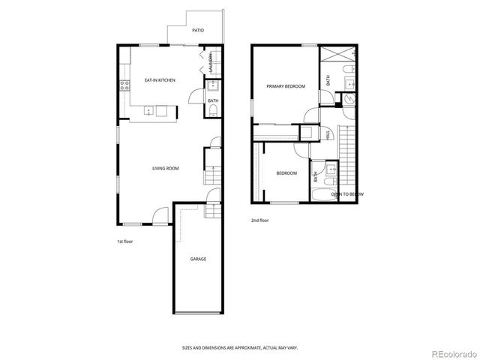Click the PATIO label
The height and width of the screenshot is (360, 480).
pyautogui.click(x=199, y=31)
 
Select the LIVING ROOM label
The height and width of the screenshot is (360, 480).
pyautogui.click(x=165, y=169)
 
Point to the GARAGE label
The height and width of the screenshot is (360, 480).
pyautogui.click(x=198, y=259)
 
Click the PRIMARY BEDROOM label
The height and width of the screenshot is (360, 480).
pyautogui.click(x=286, y=86)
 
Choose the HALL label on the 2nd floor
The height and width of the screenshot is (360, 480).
pyautogui.click(x=328, y=135)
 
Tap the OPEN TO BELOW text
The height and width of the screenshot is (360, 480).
pyautogui.click(x=348, y=194)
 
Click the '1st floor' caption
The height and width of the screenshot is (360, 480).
pyautogui.click(x=125, y=241)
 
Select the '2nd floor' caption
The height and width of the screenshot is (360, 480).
pyautogui.click(x=259, y=220)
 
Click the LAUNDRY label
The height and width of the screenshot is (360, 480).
pyautogui.click(x=211, y=61)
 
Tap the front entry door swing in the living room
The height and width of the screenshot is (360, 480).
pyautogui.click(x=160, y=217)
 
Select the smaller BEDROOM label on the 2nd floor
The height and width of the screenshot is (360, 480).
pyautogui.click(x=286, y=174)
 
